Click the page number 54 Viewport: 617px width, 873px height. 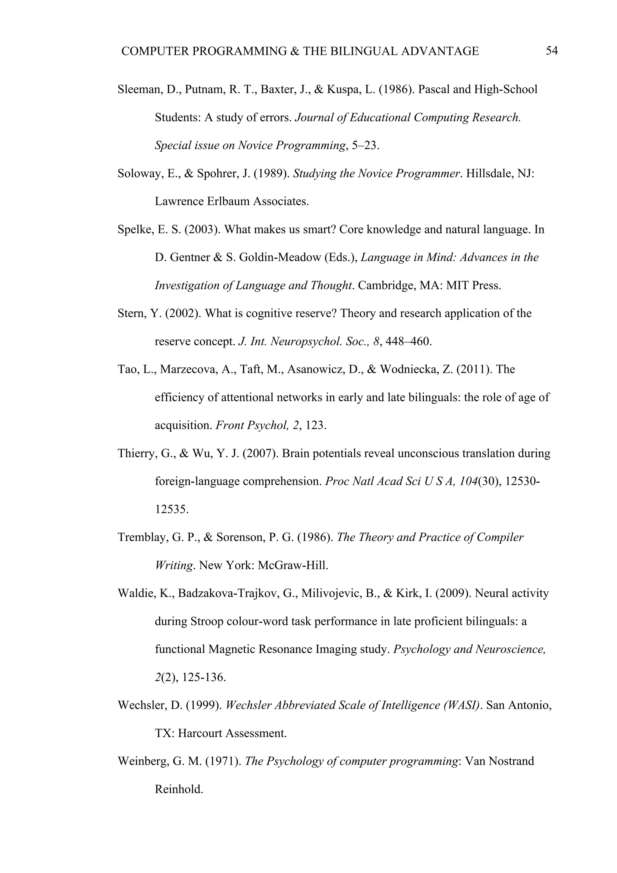point(552,51)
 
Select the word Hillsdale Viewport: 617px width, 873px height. point(490,174)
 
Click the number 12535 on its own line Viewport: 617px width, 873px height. point(171,509)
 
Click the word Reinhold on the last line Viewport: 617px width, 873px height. point(179,789)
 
